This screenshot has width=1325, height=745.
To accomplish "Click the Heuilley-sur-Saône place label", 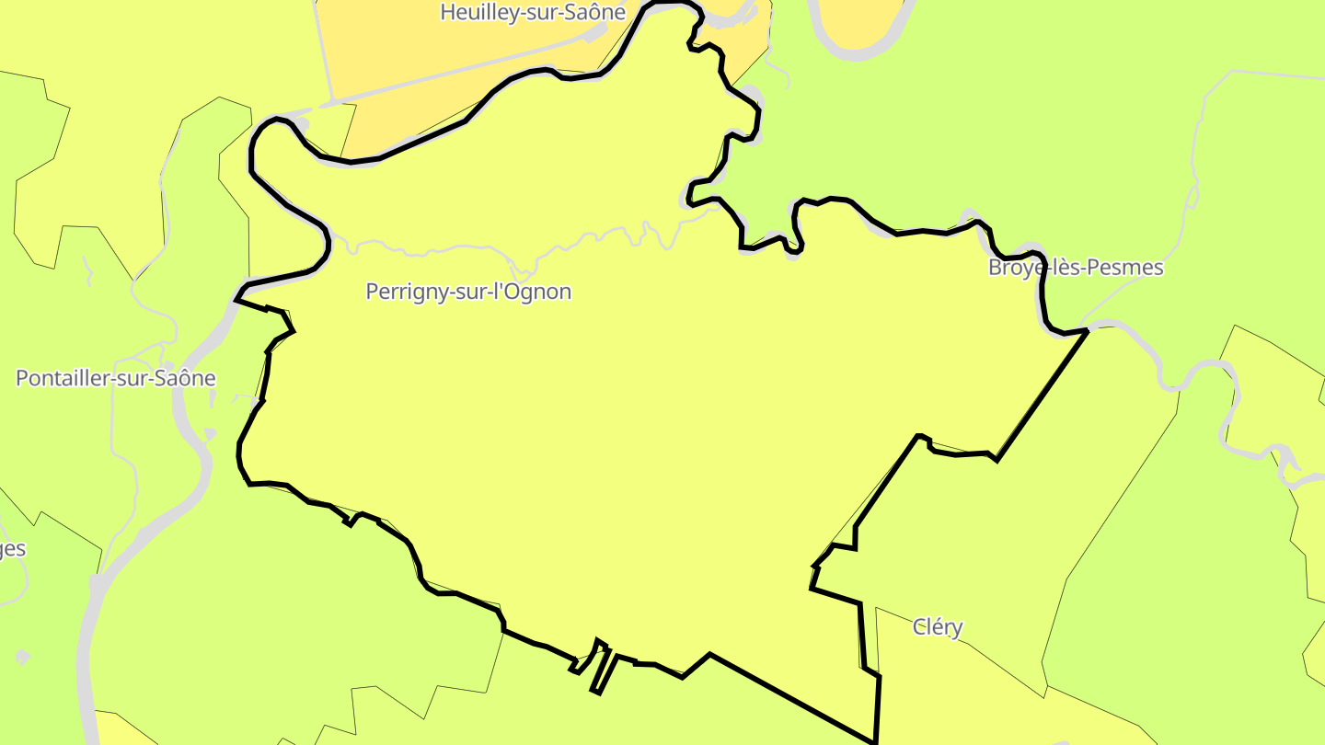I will [533, 13].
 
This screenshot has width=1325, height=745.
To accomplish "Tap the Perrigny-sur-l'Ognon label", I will [468, 292].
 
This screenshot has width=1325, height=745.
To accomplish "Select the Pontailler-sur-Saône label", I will [116, 378].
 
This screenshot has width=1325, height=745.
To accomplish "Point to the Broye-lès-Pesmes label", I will [1076, 268].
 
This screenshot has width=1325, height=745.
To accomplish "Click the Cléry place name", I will [938, 627].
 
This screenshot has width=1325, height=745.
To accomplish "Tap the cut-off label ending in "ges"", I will [12, 549].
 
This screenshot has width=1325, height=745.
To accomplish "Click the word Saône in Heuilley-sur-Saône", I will [597, 13].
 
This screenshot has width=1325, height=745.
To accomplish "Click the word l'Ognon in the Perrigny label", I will [535, 292].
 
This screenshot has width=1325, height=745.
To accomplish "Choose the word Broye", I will [1012, 268].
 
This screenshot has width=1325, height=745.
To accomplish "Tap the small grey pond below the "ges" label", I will [23, 657].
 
